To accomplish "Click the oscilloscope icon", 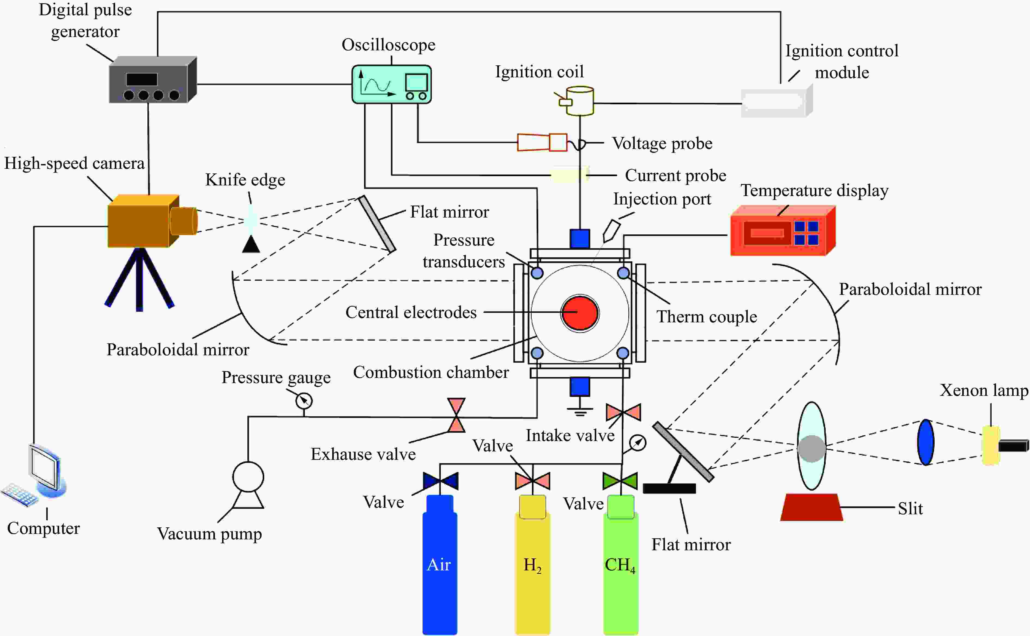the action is click(392, 84).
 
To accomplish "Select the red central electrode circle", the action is click(580, 313).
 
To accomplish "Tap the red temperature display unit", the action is click(783, 231).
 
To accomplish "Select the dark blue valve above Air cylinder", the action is click(440, 481).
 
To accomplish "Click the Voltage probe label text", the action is click(662, 143).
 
